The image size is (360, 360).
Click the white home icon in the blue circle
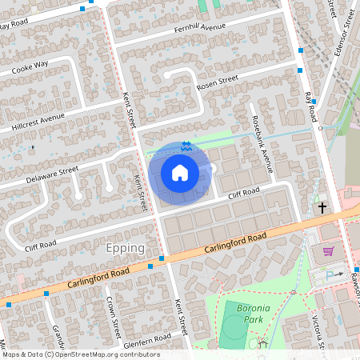click(180, 172)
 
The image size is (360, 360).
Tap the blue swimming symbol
click(186, 146)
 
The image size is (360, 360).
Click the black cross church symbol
click(323, 208)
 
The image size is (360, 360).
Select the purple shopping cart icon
click(328, 251)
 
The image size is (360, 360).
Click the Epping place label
click(125, 248)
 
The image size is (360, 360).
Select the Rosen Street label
click(218, 81)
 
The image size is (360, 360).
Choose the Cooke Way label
click(30, 66)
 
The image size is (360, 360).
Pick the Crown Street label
click(112, 315)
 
